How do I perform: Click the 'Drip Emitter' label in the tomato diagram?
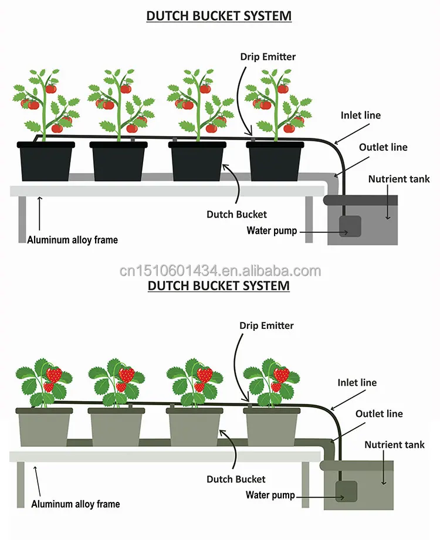click(268, 57)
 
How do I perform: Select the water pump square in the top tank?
click(351, 226)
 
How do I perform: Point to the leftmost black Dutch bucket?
click(45, 161)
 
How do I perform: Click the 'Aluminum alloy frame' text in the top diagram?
click(72, 240)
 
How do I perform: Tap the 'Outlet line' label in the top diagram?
click(383, 147)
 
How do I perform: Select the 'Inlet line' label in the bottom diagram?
click(357, 383)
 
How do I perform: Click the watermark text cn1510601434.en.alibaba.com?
click(219, 271)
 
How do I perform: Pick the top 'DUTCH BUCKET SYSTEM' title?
click(219, 16)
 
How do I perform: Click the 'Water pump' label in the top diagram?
click(272, 230)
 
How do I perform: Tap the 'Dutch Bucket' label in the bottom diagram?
click(236, 480)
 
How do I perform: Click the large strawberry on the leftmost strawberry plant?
click(54, 374)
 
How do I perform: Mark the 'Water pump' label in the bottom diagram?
click(270, 495)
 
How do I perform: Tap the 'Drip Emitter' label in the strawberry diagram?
click(266, 325)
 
